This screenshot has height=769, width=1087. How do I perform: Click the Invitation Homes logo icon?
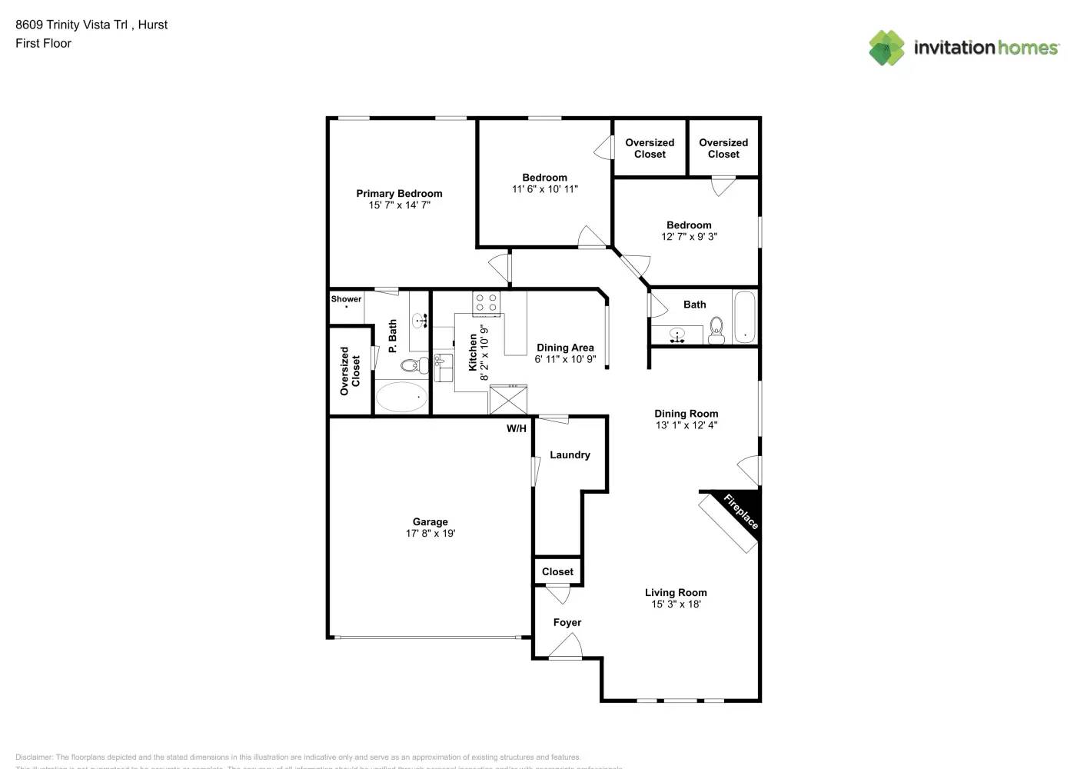886,48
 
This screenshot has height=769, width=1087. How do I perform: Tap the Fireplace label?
741,512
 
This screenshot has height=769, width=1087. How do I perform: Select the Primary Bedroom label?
399,194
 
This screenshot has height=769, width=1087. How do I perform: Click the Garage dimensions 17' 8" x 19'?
430,534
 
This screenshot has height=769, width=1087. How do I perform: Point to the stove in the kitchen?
486,303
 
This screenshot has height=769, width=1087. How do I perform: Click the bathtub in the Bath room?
743,317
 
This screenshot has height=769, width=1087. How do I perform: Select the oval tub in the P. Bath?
401,397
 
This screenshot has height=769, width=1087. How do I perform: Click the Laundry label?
570,455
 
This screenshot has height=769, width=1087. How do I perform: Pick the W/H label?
517,429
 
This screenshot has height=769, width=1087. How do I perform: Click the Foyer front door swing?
565,648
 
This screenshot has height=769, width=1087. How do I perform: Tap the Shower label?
346,299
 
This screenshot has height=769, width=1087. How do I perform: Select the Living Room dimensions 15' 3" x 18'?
676,604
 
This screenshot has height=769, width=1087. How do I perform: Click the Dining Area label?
565,348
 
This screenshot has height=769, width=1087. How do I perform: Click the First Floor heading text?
43,44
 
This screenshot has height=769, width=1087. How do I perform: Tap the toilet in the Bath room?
716,329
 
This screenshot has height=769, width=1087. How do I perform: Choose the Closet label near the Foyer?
557,572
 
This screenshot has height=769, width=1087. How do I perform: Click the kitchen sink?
443,368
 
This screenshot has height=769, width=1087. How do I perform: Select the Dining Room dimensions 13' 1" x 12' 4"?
686,425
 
